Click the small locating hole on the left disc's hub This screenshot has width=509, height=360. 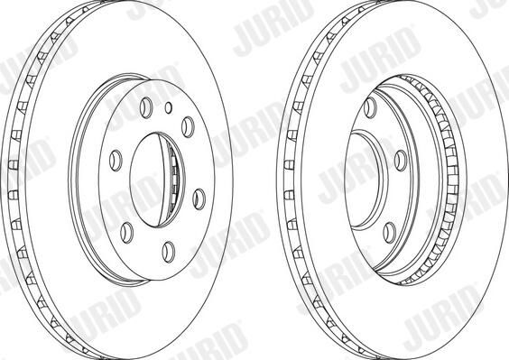(168, 107)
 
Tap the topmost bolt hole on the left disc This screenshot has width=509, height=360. (146, 107)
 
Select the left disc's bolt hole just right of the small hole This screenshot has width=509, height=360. (188, 127)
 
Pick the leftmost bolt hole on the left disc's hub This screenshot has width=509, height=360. (116, 161)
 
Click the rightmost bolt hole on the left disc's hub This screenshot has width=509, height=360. (199, 198)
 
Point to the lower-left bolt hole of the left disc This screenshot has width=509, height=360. (127, 233)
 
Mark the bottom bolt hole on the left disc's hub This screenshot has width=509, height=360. (169, 252)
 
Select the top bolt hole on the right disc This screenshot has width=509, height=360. (370, 107)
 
